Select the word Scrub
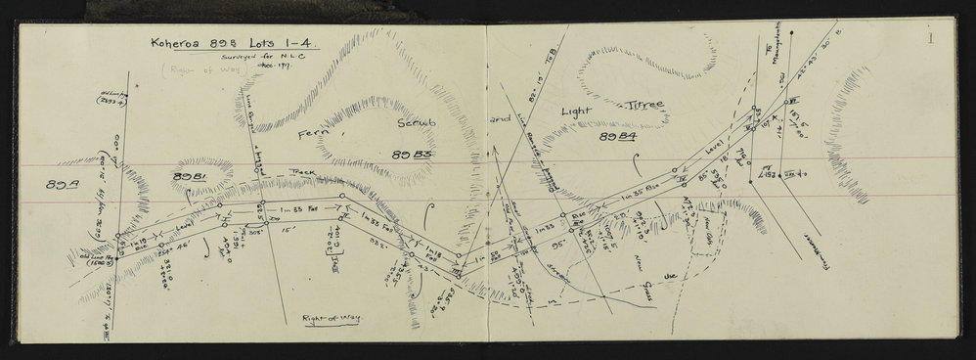coord(417,126)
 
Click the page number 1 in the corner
coord(933,39)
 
